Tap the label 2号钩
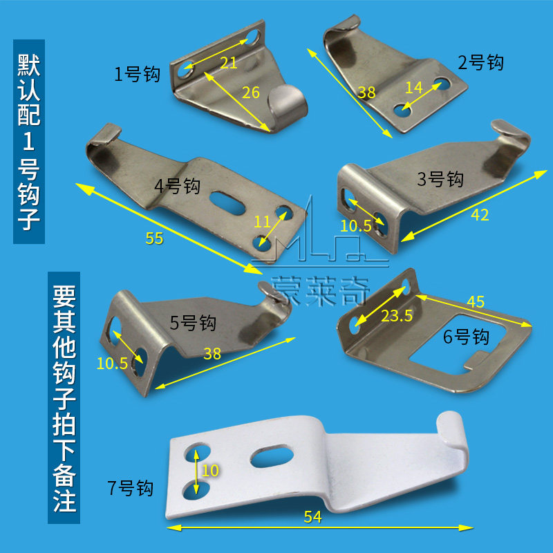481,63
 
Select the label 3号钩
440,180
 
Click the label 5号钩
194,323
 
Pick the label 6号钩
466,337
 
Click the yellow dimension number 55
154,238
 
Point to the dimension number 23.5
398,316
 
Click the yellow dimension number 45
476,302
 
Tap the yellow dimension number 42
480,215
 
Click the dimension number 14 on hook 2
413,88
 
